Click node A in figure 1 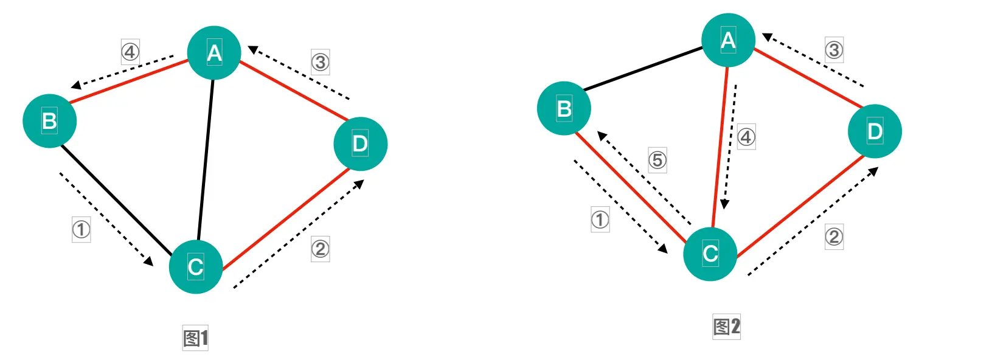click(214, 53)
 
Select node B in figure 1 click(50, 121)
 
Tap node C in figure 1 click(195, 266)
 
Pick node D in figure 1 click(360, 144)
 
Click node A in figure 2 click(728, 40)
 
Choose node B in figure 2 click(564, 108)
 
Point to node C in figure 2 click(710, 254)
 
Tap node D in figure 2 click(875, 131)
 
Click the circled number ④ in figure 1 click(130, 52)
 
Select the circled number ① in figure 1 click(82, 229)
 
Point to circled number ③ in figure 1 click(321, 62)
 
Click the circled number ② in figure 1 click(321, 249)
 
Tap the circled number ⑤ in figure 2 click(657, 160)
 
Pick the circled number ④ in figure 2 click(746, 137)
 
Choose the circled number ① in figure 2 click(600, 220)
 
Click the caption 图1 click(196, 338)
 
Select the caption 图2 click(727, 327)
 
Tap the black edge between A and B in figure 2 click(643, 69)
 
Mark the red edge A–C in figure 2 click(720, 146)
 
